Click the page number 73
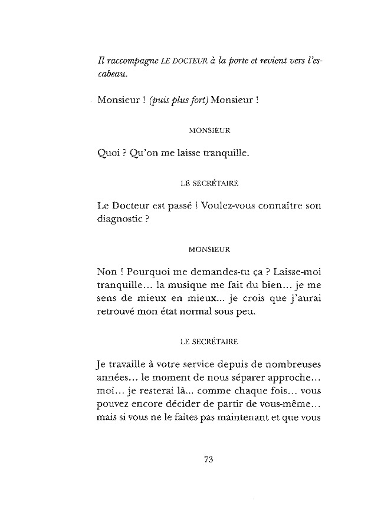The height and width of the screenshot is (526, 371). point(207,461)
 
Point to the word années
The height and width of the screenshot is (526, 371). point(111,377)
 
